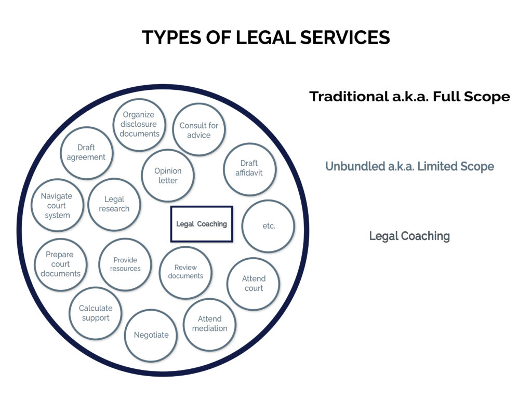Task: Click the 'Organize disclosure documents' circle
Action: point(139,124)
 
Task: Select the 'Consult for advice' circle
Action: point(198,129)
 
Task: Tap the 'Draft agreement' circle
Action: point(86,152)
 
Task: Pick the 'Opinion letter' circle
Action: point(168,176)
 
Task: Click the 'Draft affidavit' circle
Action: point(249,169)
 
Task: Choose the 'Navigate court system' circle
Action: point(57,205)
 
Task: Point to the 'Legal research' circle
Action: point(114,204)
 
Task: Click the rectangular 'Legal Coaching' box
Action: point(202,224)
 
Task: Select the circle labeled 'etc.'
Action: point(269,226)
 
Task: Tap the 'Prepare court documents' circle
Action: point(60,264)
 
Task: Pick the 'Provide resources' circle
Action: point(125,264)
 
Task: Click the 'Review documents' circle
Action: point(185,272)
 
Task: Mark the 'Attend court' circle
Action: point(254,284)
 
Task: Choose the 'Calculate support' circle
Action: point(96,313)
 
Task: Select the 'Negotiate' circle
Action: point(151,335)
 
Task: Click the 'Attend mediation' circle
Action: point(209,324)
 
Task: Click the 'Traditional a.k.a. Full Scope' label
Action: point(409,97)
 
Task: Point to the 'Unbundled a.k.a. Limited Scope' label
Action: point(409,166)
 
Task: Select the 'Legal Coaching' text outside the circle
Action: point(409,236)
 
